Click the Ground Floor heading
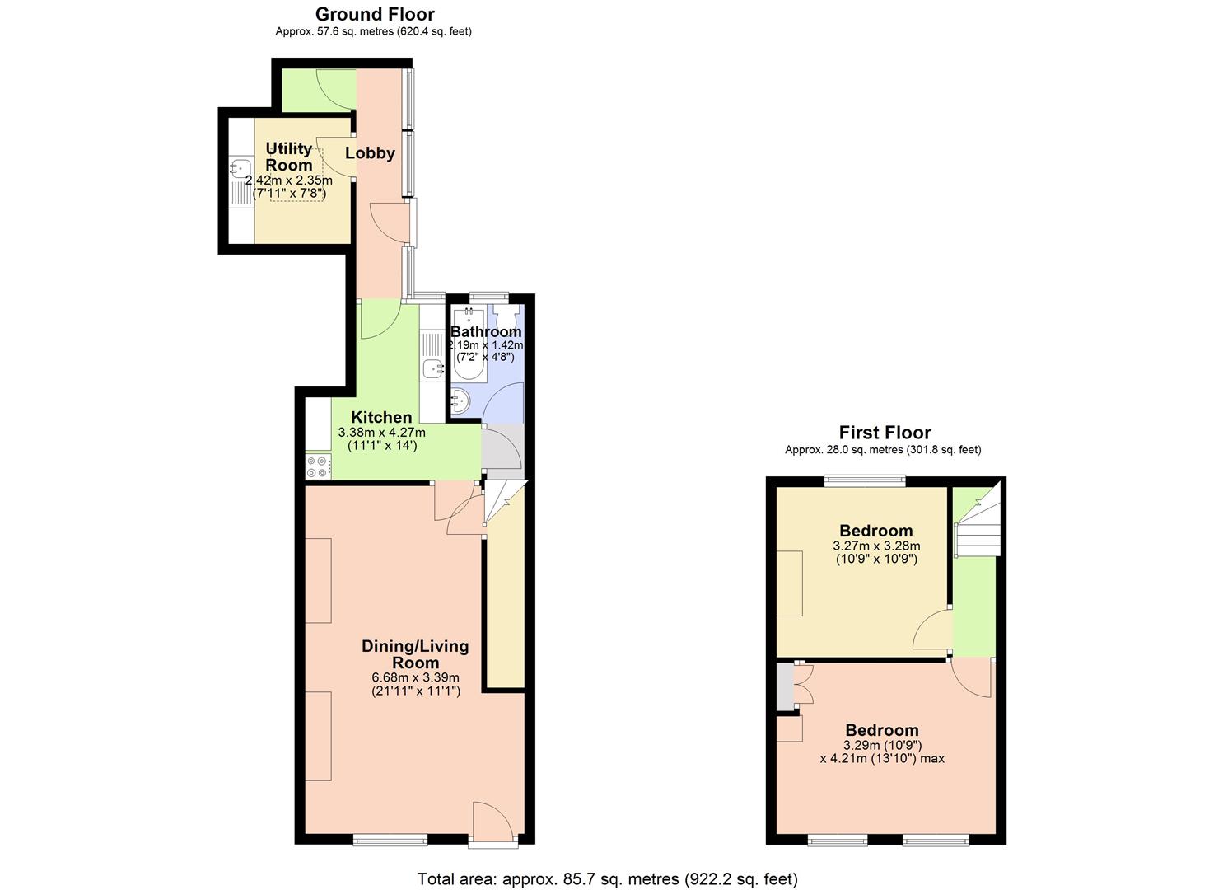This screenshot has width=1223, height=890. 375,14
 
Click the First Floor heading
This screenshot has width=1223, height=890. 885,433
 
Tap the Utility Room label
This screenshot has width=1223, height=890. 288,156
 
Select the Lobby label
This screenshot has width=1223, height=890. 370,152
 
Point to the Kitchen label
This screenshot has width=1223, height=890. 381,417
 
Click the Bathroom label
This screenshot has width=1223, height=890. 486,331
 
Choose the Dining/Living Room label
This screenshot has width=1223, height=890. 415,654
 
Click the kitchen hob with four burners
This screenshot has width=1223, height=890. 318,467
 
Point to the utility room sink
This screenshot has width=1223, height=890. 240,169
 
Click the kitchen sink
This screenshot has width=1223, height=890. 432,369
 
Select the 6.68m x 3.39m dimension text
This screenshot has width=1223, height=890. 415,677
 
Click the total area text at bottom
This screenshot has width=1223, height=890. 607,878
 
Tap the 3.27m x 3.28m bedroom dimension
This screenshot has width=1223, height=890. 876,546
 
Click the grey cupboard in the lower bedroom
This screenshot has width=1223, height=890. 786,686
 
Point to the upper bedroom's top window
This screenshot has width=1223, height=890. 865,479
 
